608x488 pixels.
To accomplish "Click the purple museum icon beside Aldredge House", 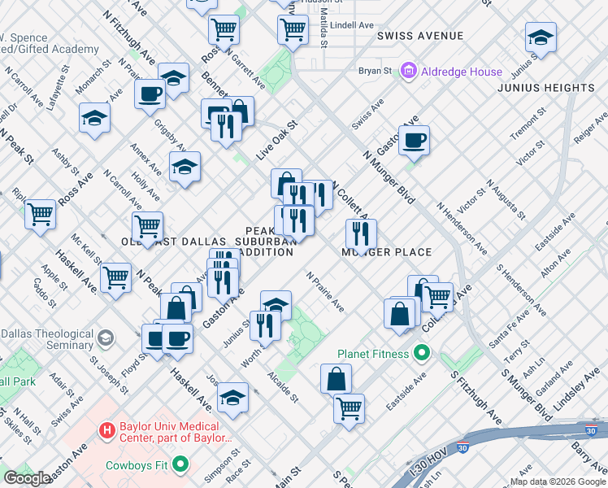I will (408, 72).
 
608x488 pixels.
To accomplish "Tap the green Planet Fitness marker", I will (421, 354).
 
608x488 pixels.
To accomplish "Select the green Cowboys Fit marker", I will (180, 466).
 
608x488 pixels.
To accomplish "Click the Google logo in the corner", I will (27, 478).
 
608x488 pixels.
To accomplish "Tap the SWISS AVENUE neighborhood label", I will (420, 36).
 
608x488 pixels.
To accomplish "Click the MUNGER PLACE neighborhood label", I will (386, 252).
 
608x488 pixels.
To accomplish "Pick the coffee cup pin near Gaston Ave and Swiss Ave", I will (414, 140).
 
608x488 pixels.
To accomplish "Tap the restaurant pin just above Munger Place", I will (359, 233).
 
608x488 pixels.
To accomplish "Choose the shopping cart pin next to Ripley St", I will (40, 214).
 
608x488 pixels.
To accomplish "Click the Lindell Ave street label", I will (352, 25).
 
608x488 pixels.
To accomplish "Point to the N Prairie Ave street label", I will (325, 292).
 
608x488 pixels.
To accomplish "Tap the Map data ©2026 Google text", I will (558, 481).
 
